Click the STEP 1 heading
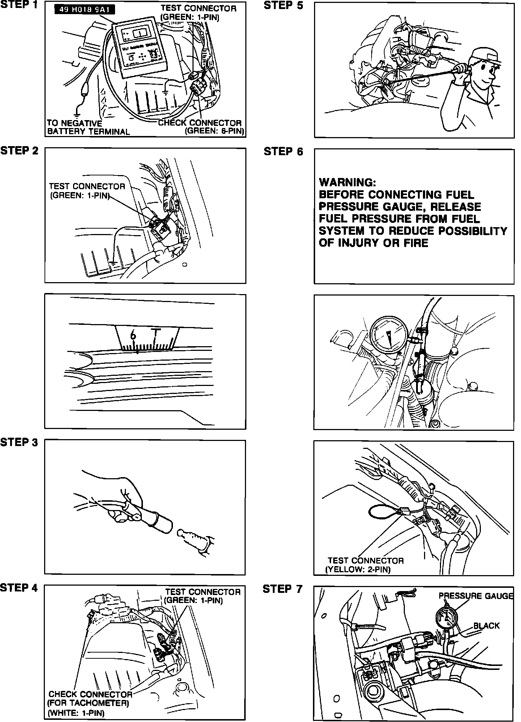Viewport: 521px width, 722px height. (20, 5)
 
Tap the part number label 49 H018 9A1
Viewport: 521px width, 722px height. (84, 10)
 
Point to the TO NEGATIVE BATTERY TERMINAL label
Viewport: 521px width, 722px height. (88, 127)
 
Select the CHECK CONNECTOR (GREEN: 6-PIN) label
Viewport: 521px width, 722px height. (200, 127)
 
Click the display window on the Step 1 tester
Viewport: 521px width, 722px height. (139, 34)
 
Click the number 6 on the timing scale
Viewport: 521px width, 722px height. (134, 335)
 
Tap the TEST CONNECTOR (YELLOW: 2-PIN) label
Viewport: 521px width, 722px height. (365, 565)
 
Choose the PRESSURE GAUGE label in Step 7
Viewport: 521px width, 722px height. (476, 596)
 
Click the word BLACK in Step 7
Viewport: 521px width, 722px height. (486, 625)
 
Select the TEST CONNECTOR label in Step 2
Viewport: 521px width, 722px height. (87, 191)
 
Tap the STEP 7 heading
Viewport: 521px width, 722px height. (282, 589)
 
